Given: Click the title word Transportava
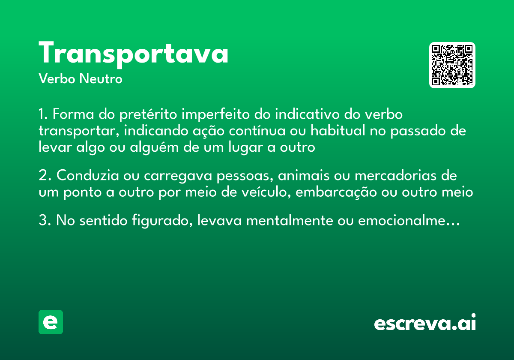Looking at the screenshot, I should click(133, 54).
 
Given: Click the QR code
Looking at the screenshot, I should click(452, 65).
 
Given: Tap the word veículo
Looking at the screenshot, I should click(260, 192).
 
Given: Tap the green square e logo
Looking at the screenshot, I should click(51, 322).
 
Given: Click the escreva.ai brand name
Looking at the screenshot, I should click(424, 323).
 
